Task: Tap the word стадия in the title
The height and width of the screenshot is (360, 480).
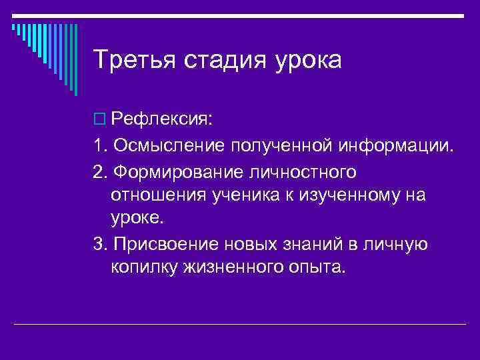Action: (x=221, y=60)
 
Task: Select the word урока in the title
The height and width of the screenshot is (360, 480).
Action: (x=306, y=61)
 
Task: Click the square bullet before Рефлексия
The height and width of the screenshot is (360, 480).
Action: (x=99, y=120)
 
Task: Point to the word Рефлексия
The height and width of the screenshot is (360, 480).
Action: (x=153, y=120)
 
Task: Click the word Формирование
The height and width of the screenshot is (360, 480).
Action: (x=179, y=172)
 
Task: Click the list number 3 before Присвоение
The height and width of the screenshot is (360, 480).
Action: (x=99, y=245)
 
